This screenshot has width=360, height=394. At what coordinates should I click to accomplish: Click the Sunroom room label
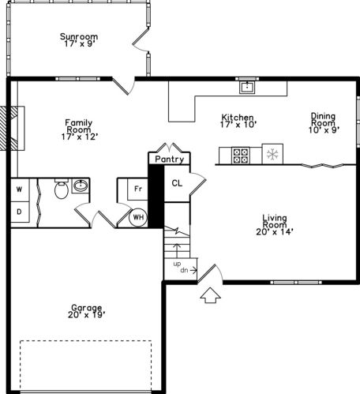[79, 36]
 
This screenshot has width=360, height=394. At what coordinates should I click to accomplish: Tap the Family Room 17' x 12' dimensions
[80, 137]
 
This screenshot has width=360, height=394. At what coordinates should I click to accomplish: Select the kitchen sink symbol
[247, 87]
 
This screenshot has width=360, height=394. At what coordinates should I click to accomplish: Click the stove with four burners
[241, 156]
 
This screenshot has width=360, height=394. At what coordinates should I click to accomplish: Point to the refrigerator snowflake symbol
[272, 154]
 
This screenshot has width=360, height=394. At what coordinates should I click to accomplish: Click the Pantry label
[169, 159]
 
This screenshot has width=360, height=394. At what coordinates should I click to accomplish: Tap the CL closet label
[177, 183]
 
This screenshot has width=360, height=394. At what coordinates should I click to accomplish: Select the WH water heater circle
[138, 217]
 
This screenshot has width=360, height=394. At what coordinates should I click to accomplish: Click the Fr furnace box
[137, 189]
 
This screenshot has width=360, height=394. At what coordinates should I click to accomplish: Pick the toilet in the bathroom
[62, 189]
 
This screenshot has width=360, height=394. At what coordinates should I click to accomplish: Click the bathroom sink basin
[81, 186]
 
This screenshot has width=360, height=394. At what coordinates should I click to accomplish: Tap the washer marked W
[20, 189]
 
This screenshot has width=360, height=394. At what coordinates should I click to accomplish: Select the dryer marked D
[20, 212]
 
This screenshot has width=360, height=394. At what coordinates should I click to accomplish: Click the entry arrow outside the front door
[210, 295]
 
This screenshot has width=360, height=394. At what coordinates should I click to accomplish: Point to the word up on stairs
[177, 264]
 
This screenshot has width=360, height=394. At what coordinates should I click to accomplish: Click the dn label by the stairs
[184, 270]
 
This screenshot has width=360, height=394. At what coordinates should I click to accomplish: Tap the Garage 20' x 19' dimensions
[87, 315]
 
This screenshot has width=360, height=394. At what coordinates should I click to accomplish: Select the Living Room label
[275, 221]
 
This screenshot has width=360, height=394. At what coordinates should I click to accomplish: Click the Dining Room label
[323, 119]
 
